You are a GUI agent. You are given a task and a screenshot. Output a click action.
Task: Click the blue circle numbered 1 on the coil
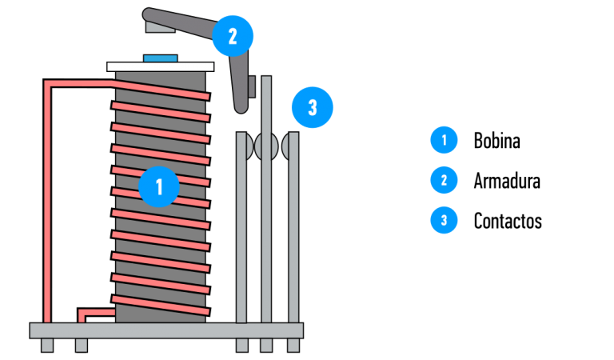(x=158, y=187)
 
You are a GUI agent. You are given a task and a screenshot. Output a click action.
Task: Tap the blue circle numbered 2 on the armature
(x=232, y=35)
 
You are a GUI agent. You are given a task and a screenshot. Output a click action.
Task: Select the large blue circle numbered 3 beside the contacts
(x=312, y=106)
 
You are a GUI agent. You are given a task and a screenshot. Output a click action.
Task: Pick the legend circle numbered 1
(x=444, y=140)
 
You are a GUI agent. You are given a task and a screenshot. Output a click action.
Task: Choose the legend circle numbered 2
(x=444, y=180)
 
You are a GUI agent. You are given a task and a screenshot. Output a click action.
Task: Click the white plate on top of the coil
(x=160, y=66)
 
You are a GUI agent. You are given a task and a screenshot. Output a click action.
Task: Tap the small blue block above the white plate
(x=160, y=58)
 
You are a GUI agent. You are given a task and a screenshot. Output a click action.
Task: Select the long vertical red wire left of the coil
(x=47, y=200)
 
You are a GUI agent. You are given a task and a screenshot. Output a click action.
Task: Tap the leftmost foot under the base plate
(x=47, y=345)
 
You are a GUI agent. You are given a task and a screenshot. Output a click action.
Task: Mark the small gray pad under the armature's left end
(x=156, y=26)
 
